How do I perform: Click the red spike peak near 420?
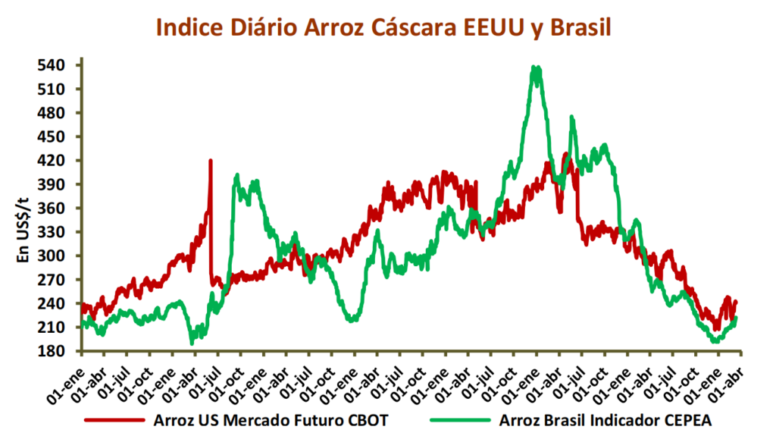[x=211, y=161]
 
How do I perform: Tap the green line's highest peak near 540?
[x=537, y=68]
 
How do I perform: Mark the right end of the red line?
[x=736, y=302]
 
